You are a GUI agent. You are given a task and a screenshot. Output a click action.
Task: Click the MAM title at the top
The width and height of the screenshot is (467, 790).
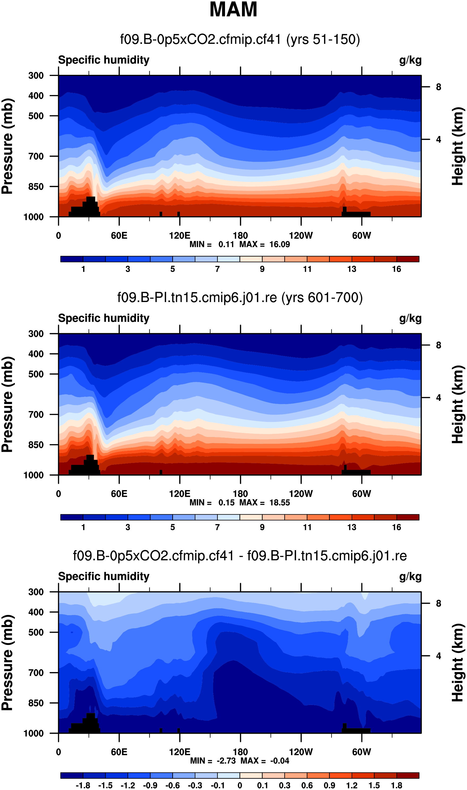233,10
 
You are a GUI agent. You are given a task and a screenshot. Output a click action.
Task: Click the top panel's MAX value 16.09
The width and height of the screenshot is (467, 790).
279,244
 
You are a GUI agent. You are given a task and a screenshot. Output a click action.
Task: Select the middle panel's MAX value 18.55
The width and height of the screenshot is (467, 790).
279,503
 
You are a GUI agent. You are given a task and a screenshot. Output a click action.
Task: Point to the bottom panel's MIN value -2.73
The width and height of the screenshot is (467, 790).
226,761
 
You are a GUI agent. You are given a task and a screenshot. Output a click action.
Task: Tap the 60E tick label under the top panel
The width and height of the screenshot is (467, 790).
119,236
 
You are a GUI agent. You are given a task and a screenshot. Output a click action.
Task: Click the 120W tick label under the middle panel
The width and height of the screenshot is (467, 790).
301,494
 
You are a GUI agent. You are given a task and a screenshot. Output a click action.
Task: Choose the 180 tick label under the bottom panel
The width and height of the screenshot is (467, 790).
240,752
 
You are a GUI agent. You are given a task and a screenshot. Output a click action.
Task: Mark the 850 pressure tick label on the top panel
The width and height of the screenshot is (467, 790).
36,187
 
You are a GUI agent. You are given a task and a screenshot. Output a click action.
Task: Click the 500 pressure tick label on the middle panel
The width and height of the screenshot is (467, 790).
36,374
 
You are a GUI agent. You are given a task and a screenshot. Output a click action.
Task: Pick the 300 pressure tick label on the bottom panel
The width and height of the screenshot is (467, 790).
36,592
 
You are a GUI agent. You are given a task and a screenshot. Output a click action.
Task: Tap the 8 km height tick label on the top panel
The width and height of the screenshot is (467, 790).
438,87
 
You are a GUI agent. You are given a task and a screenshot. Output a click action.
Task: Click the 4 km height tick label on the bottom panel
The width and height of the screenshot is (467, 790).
438,656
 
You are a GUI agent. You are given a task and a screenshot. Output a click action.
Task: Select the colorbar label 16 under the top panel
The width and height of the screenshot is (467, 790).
396,269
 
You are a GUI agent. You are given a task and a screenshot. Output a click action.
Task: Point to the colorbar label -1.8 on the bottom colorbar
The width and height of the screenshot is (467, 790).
83,785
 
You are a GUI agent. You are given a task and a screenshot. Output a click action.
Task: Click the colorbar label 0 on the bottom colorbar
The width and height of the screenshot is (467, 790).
240,785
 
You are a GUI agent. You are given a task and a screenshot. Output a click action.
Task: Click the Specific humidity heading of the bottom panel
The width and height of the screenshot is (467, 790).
103,576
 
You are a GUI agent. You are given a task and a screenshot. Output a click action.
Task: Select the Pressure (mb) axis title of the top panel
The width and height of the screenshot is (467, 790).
7,146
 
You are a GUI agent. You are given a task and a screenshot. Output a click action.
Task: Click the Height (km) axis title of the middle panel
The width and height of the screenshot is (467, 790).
458,405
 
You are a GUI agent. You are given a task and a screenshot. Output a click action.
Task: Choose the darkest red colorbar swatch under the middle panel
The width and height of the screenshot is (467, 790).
408,517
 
